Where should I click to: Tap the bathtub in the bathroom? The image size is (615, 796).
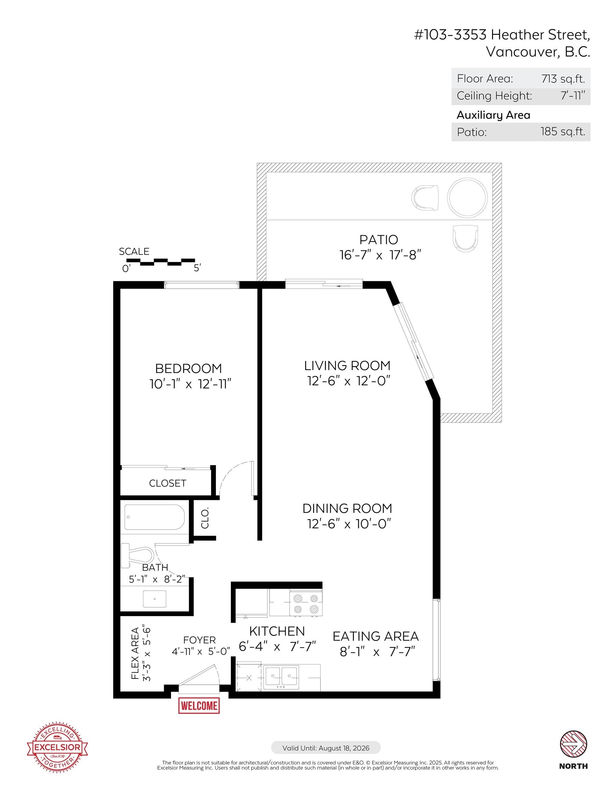[154, 517]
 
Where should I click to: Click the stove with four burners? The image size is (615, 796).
[305, 604]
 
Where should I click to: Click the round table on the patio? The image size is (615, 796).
[467, 198]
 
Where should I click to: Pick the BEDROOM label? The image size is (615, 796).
[189, 369]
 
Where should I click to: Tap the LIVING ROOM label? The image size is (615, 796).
[347, 366]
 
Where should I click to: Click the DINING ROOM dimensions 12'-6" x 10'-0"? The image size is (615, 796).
[349, 524]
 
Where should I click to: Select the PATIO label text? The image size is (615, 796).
[379, 240]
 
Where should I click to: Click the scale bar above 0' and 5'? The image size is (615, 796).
[160, 262]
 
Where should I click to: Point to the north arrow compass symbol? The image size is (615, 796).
[574, 743]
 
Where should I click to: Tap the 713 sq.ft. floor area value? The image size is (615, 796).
[563, 79]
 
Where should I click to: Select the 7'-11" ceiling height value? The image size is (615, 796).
[573, 96]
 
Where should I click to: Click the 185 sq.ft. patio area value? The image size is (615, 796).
[562, 132]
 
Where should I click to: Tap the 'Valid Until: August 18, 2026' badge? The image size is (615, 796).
[325, 748]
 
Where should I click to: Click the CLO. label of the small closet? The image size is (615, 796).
[205, 518]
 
